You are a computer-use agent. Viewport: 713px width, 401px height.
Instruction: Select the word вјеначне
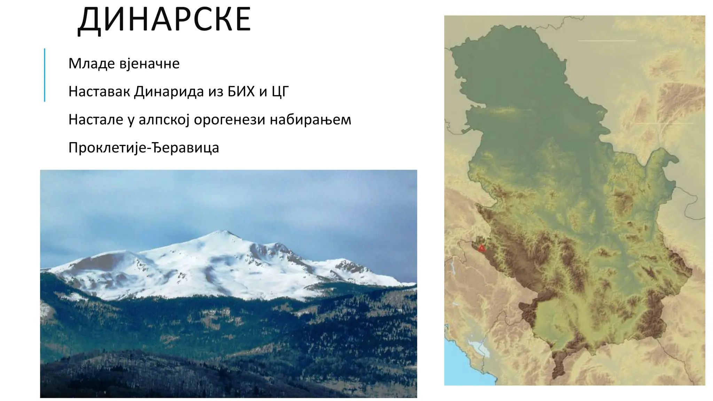[149, 64]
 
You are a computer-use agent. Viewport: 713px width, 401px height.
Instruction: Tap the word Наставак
[99, 92]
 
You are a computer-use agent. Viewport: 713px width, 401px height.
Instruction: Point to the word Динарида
[169, 92]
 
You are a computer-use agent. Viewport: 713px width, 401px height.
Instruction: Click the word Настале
[96, 120]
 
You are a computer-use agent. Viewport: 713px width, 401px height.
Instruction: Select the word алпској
[164, 120]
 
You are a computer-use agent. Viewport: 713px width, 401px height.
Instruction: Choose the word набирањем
[311, 120]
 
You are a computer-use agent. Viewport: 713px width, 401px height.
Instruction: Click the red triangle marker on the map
[481, 248]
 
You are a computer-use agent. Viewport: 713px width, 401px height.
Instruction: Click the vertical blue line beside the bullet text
[45, 75]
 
